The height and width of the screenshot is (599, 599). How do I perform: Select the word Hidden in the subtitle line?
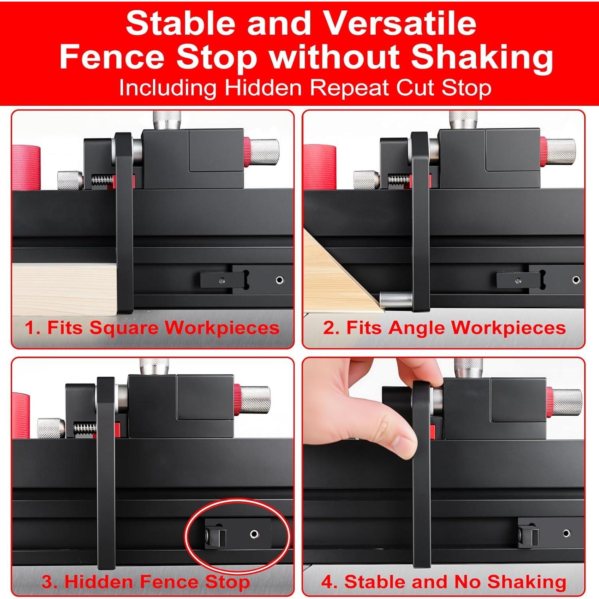pos(263,87)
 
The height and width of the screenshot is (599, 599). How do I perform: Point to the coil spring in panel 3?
pos(85,428)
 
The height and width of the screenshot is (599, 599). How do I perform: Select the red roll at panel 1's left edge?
pos(26,168)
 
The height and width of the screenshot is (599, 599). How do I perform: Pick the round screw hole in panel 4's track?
pos(566,533)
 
